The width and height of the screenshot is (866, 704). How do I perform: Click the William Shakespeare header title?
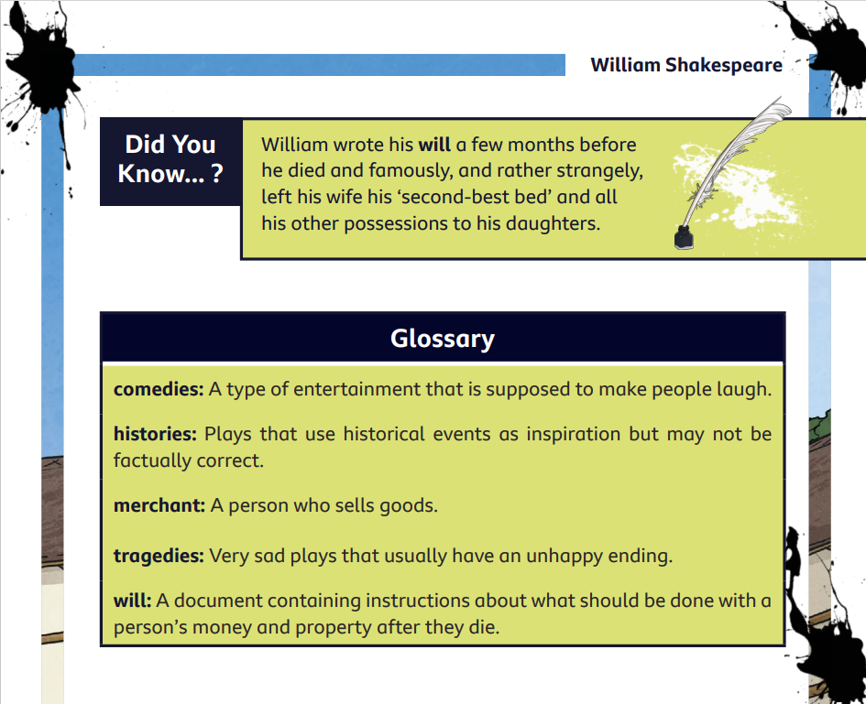pyautogui.click(x=686, y=65)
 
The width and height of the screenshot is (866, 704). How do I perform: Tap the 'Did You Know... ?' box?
pyautogui.click(x=170, y=161)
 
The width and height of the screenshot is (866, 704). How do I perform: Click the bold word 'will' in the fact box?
pyautogui.click(x=434, y=145)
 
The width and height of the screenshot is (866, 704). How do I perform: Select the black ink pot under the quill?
pyautogui.click(x=684, y=238)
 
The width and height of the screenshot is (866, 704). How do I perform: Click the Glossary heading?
pyautogui.click(x=443, y=338)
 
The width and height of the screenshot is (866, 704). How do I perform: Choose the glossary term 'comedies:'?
pyautogui.click(x=159, y=389)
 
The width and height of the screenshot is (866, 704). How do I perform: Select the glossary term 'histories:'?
pyautogui.click(x=155, y=434)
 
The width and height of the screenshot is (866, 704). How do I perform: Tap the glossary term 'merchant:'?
pyautogui.click(x=159, y=505)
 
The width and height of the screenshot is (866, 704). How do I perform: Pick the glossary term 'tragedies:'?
pyautogui.click(x=159, y=556)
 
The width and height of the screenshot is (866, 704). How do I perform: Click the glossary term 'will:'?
pyautogui.click(x=132, y=601)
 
